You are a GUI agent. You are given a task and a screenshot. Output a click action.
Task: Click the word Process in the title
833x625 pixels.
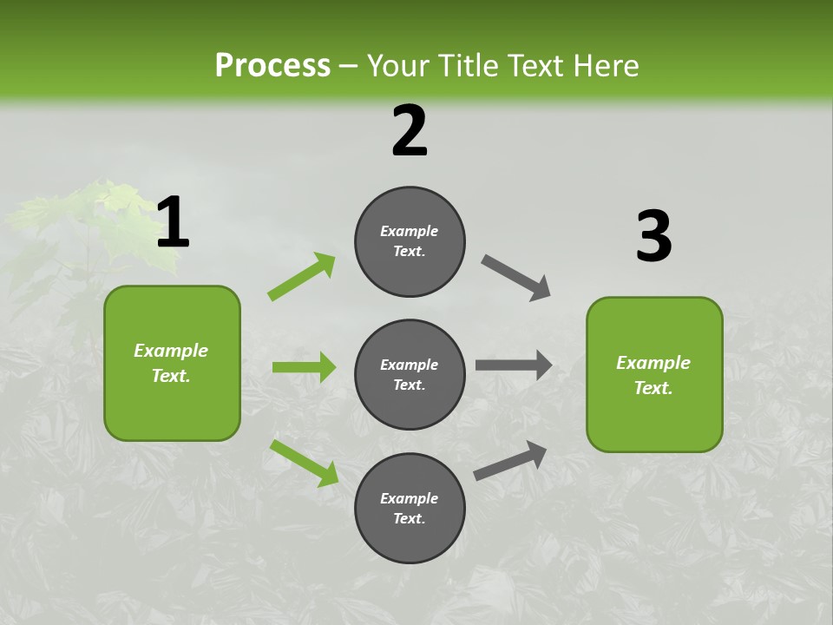[x=272, y=65]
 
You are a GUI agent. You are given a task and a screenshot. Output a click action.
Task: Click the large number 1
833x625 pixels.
[x=173, y=223]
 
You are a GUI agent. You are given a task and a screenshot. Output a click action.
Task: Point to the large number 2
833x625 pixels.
[x=410, y=131]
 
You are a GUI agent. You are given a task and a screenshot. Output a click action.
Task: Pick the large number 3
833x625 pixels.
[x=653, y=237]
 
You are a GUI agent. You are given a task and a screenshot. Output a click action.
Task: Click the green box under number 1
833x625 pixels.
[x=172, y=363]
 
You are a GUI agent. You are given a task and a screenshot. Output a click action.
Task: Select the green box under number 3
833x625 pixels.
[x=654, y=374]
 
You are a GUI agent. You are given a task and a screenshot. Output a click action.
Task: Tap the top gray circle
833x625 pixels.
[x=410, y=241]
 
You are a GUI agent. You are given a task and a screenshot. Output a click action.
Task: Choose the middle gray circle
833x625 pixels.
[x=410, y=374]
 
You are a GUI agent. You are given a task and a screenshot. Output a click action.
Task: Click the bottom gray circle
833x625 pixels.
[x=410, y=508]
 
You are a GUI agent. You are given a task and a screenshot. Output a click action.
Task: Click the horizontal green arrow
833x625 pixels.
[x=304, y=367]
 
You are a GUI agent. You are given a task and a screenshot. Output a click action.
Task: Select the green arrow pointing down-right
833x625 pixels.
[x=304, y=463]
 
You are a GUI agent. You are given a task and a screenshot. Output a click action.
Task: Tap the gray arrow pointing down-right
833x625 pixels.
[x=516, y=278]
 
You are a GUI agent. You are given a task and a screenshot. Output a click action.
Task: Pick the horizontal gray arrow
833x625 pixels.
[x=514, y=365]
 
